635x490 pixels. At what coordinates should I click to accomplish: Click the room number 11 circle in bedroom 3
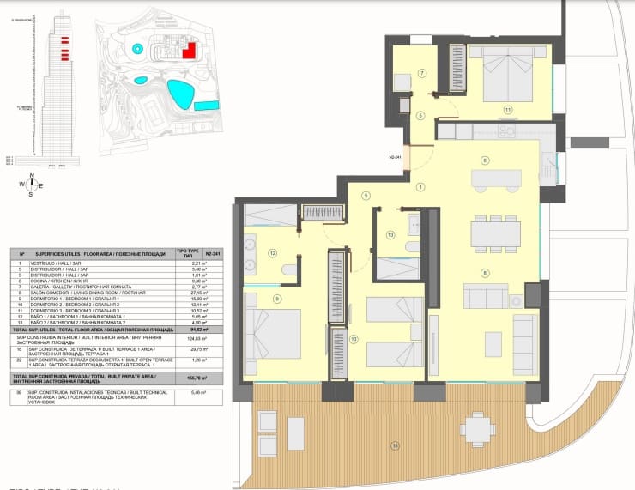[508, 109]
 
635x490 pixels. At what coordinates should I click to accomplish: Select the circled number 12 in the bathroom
[272, 253]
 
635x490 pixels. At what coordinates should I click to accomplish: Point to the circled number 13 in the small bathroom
[390, 234]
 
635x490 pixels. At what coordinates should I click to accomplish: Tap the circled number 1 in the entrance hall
[420, 187]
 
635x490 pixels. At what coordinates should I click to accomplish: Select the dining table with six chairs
[497, 233]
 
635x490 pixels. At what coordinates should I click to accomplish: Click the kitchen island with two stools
[497, 178]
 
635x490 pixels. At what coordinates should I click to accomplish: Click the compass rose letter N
[31, 175]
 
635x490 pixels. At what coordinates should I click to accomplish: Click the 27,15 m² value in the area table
[182, 293]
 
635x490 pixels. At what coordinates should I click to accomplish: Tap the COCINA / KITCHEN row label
[63, 281]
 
